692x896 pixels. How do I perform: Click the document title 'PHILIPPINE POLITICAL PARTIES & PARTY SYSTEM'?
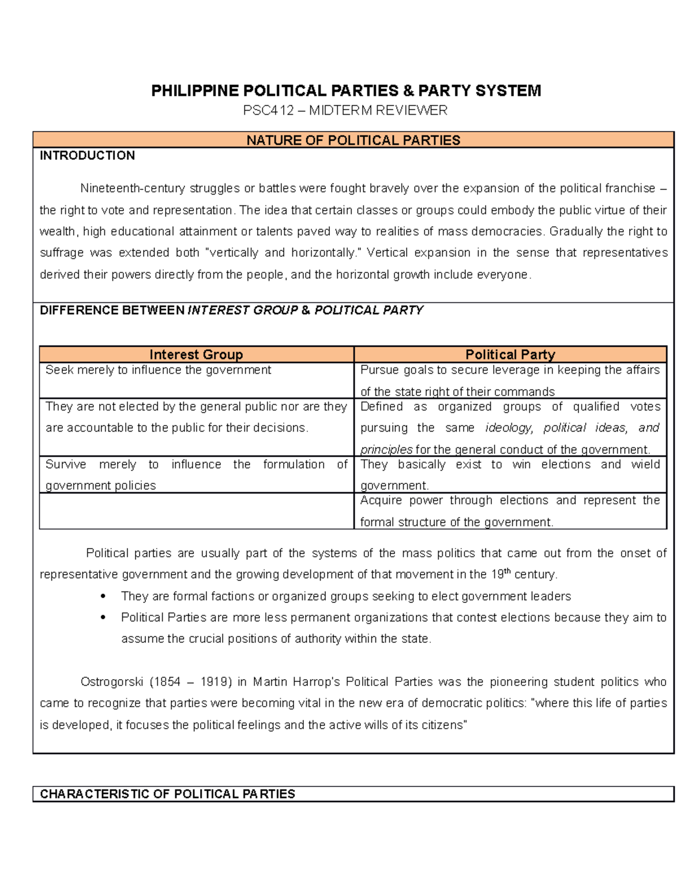tap(346, 91)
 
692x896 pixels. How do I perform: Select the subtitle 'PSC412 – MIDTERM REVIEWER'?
tap(345, 110)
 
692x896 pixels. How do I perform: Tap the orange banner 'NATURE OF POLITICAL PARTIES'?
tap(353, 140)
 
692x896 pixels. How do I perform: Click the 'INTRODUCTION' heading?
tap(87, 155)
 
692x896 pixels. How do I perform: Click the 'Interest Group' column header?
tap(196, 354)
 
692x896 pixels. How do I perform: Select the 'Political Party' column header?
tap(510, 354)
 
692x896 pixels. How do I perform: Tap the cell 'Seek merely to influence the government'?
tap(158, 370)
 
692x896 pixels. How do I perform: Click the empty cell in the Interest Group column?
tap(196, 511)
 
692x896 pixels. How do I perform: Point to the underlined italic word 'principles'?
tap(386, 449)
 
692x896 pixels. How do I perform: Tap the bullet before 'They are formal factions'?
tap(103, 596)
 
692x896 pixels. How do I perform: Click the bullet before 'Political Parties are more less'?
tap(103, 617)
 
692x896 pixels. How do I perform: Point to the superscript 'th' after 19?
tap(507, 571)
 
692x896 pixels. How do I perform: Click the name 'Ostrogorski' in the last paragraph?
tap(112, 682)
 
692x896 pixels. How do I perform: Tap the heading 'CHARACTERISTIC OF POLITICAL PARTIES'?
tap(167, 794)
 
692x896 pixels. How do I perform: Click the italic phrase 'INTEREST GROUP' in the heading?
tap(243, 310)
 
